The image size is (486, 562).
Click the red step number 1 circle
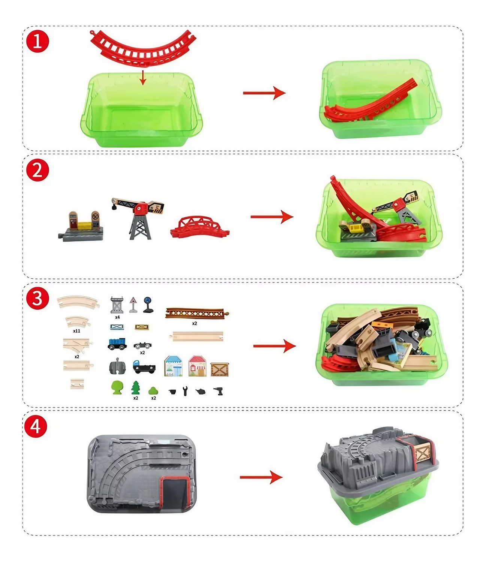tap(37, 42)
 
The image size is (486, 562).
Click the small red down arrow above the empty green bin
tap(142, 78)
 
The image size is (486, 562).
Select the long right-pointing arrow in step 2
tap(272, 217)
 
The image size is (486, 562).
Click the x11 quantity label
tap(76, 331)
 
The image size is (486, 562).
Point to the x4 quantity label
tap(117, 317)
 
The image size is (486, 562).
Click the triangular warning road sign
tap(133, 305)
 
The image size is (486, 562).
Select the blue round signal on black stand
tap(148, 305)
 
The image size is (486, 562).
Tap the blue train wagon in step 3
tap(117, 344)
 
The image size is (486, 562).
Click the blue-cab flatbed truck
tap(144, 367)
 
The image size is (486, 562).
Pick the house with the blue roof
tap(173, 366)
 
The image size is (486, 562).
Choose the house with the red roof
tap(197, 366)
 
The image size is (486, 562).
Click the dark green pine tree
tap(135, 387)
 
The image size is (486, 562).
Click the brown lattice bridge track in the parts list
tap(197, 313)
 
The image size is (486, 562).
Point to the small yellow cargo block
tap(142, 327)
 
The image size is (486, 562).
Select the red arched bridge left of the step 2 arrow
tap(200, 227)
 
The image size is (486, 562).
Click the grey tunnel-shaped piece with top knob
tap(118, 366)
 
